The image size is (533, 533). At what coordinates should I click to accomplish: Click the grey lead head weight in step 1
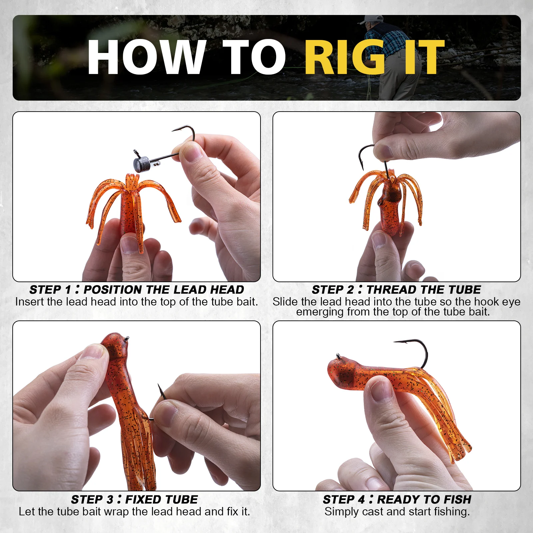pyautogui.click(x=140, y=164)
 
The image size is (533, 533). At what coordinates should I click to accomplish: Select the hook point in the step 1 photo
pyautogui.click(x=173, y=131)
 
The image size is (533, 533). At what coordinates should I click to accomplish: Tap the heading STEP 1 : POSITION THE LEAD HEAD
pyautogui.click(x=137, y=289)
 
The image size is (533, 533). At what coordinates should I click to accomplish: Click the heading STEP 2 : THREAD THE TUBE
pyautogui.click(x=396, y=289)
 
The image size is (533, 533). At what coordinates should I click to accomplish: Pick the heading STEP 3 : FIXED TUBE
pyautogui.click(x=134, y=499)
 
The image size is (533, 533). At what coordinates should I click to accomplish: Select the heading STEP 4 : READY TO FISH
pyautogui.click(x=397, y=499)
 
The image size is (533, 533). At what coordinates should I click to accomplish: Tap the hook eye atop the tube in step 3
pyautogui.click(x=126, y=339)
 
